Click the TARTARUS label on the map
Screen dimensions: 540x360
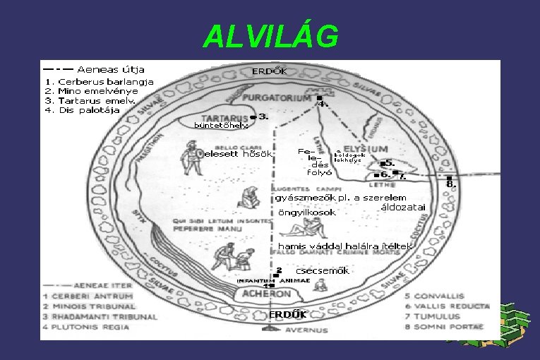click(225, 118)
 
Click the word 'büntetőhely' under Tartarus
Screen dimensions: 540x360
click(221, 126)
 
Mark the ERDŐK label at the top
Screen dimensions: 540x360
click(270, 71)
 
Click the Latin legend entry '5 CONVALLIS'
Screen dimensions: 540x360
click(440, 296)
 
